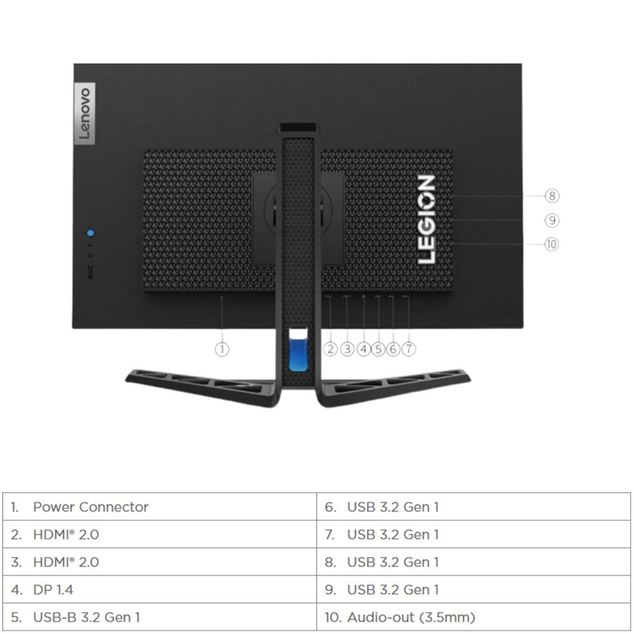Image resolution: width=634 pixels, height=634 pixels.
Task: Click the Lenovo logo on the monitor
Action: pos(84,113)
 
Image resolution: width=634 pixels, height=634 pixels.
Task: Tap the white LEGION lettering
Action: pos(426,220)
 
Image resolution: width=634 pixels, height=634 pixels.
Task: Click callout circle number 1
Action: pos(222,349)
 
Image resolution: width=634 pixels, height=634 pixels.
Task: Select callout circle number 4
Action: pos(363,349)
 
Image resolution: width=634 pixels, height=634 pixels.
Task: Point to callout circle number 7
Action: pos(409,349)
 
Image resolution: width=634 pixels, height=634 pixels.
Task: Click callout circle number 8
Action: pos(552,196)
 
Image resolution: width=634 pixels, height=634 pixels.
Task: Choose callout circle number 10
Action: pos(552,244)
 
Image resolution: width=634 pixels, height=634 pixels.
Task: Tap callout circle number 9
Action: pos(552,220)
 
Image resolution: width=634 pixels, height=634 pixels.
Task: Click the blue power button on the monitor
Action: pos(91,232)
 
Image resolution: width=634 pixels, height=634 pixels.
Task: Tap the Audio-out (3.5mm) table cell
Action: pos(473,617)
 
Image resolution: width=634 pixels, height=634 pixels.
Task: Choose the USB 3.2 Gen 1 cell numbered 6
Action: pos(473,506)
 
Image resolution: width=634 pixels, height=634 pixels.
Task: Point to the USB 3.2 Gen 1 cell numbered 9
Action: pos(473,590)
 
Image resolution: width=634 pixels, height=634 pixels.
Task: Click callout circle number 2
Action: pos(330,349)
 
